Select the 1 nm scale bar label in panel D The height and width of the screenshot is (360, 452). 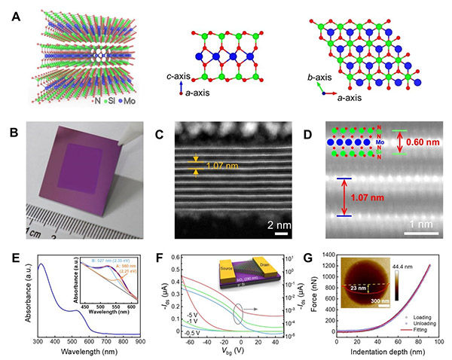point(408,224)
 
